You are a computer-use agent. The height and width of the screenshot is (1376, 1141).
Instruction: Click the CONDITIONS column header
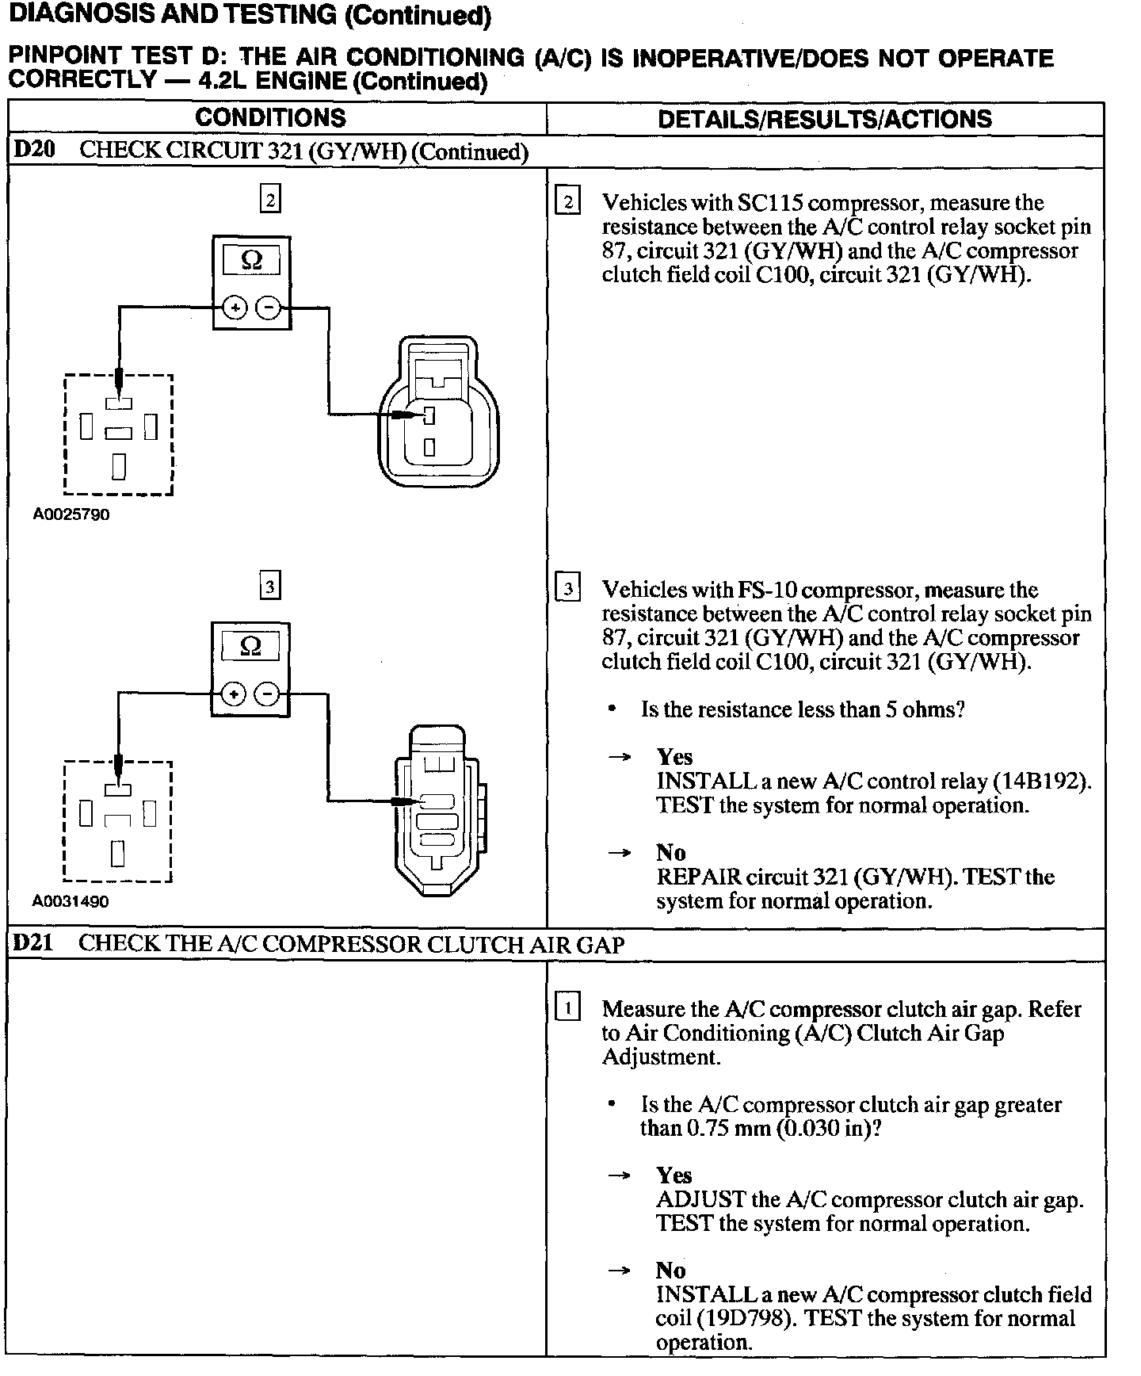[x=270, y=118]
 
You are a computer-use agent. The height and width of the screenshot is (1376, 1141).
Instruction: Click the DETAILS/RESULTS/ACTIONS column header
[x=825, y=119]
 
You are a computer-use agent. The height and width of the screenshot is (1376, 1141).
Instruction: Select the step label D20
[x=35, y=150]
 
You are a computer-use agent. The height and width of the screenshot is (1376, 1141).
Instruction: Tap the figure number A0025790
[x=71, y=514]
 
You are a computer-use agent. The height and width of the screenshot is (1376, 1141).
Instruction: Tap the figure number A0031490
[x=71, y=901]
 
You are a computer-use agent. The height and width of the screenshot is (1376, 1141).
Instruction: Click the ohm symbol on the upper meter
[x=251, y=260]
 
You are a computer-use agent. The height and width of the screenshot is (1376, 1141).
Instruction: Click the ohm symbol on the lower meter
[x=250, y=647]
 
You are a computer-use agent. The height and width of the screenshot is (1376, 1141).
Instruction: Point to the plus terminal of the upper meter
[x=234, y=308]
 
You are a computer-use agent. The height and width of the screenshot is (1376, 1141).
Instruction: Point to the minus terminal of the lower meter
[x=269, y=695]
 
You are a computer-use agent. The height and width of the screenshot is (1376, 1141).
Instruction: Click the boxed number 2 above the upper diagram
[x=270, y=200]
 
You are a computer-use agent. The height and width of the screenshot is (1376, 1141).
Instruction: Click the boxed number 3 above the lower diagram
[x=270, y=587]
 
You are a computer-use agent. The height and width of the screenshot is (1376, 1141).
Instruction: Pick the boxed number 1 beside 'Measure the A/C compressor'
[x=568, y=1008]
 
